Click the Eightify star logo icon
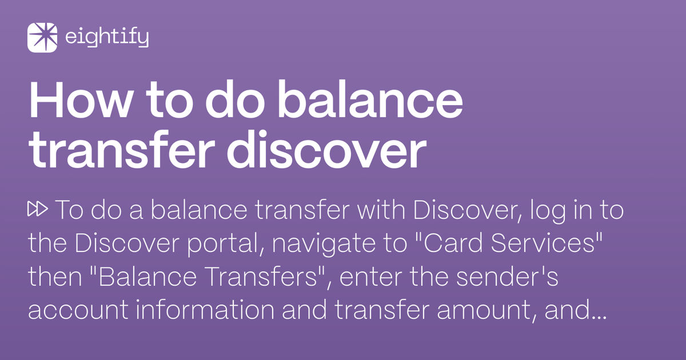tap(42, 38)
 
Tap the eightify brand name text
tap(107, 38)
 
